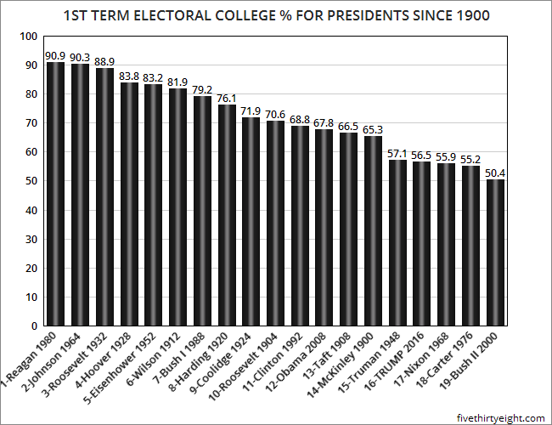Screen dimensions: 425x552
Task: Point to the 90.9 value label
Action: coord(55,55)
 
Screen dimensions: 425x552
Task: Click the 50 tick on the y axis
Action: coord(31,181)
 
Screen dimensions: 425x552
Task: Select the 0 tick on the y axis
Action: coord(33,326)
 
